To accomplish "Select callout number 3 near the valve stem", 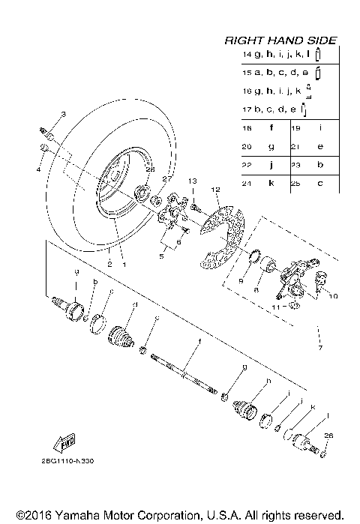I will click(64, 114).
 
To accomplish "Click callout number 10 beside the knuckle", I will click(333, 296).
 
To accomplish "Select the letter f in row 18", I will click(270, 128).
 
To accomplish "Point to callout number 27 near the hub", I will click(167, 180).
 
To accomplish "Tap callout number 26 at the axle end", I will click(326, 436).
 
